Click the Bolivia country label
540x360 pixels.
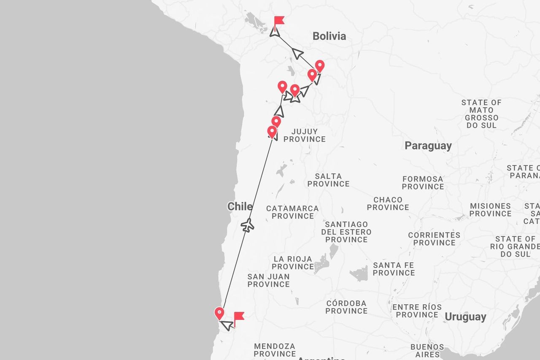[329, 36]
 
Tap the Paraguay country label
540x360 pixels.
[428, 146]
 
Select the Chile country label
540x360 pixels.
[240, 207]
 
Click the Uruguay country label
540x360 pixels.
[465, 317]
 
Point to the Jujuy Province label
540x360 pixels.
[304, 135]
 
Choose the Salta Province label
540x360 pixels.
[328, 180]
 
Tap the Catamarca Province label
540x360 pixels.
[292, 212]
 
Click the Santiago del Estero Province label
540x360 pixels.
[346, 232]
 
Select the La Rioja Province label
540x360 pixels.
[292, 263]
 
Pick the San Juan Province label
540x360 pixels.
[268, 281]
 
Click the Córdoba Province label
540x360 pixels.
[346, 307]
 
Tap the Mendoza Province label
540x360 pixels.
[274, 350]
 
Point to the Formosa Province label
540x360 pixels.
[423, 183]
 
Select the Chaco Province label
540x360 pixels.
[388, 203]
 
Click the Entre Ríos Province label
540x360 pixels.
[417, 311]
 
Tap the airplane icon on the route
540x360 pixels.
[247, 225]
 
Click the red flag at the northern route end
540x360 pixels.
[278, 21]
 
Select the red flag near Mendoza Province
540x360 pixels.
[239, 317]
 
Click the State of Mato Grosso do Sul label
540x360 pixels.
[481, 114]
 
